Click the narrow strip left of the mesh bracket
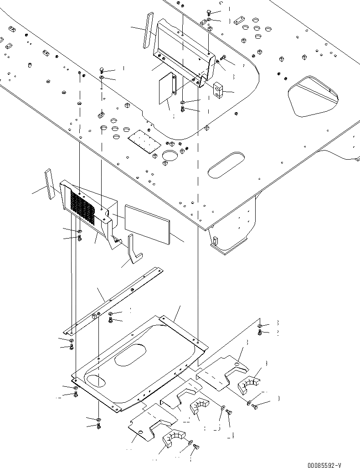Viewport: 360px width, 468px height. tap(49, 184)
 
